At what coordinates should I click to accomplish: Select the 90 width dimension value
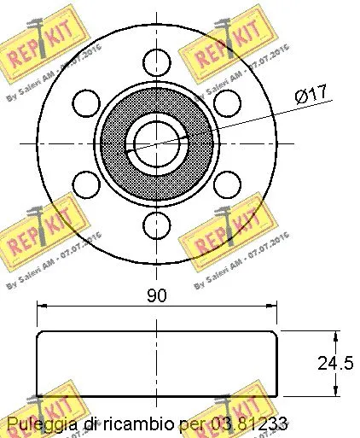click(x=155, y=295)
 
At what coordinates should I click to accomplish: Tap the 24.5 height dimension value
click(x=334, y=363)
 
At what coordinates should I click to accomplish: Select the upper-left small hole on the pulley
click(x=86, y=102)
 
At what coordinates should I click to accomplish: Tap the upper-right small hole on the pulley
click(x=226, y=102)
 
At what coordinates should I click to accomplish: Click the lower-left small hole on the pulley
click(x=86, y=183)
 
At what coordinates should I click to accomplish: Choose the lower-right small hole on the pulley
click(x=226, y=183)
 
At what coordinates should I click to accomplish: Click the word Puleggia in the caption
click(x=40, y=423)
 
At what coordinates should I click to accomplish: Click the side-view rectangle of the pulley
click(x=156, y=364)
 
